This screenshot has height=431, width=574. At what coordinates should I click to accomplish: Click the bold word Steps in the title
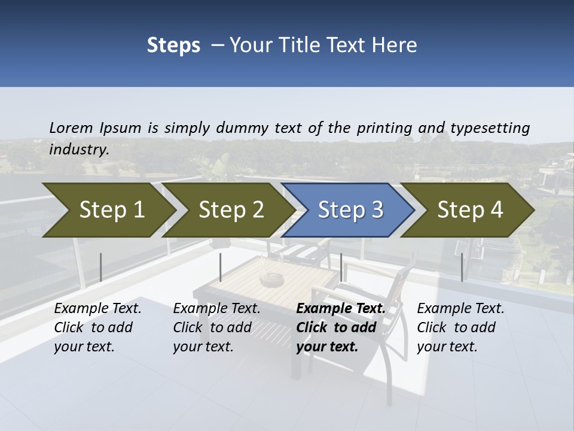[173, 45]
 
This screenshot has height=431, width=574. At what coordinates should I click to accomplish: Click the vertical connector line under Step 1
[101, 267]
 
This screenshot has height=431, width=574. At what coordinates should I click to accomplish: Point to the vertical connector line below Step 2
[221, 267]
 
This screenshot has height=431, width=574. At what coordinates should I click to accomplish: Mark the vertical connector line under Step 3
[341, 267]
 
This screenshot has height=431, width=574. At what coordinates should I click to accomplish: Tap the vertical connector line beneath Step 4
[462, 267]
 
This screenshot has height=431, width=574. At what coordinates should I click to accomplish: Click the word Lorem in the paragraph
[71, 128]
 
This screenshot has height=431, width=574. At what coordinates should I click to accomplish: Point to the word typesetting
[490, 128]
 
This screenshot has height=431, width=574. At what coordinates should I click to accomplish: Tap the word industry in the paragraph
[79, 149]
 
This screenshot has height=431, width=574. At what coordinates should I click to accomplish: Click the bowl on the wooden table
[271, 278]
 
